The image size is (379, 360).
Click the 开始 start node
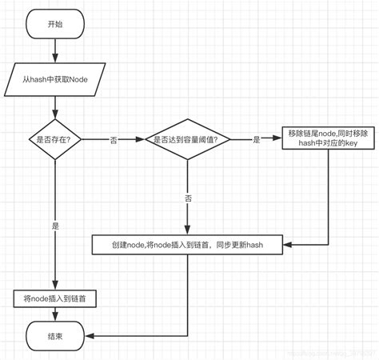(x=54, y=24)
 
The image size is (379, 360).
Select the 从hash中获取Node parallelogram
(x=54, y=81)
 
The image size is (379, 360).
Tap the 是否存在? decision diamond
(x=54, y=139)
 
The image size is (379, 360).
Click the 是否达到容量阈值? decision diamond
(x=188, y=139)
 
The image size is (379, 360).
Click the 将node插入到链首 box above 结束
(x=54, y=298)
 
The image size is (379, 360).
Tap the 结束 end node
(x=54, y=337)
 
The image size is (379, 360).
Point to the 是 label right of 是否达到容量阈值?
(x=256, y=139)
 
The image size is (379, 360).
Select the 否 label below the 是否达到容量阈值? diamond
(x=188, y=195)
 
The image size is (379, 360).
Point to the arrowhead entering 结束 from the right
(x=86, y=337)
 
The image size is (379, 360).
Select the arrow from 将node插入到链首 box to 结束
(x=54, y=314)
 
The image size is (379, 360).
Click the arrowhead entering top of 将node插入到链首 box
(x=54, y=286)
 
